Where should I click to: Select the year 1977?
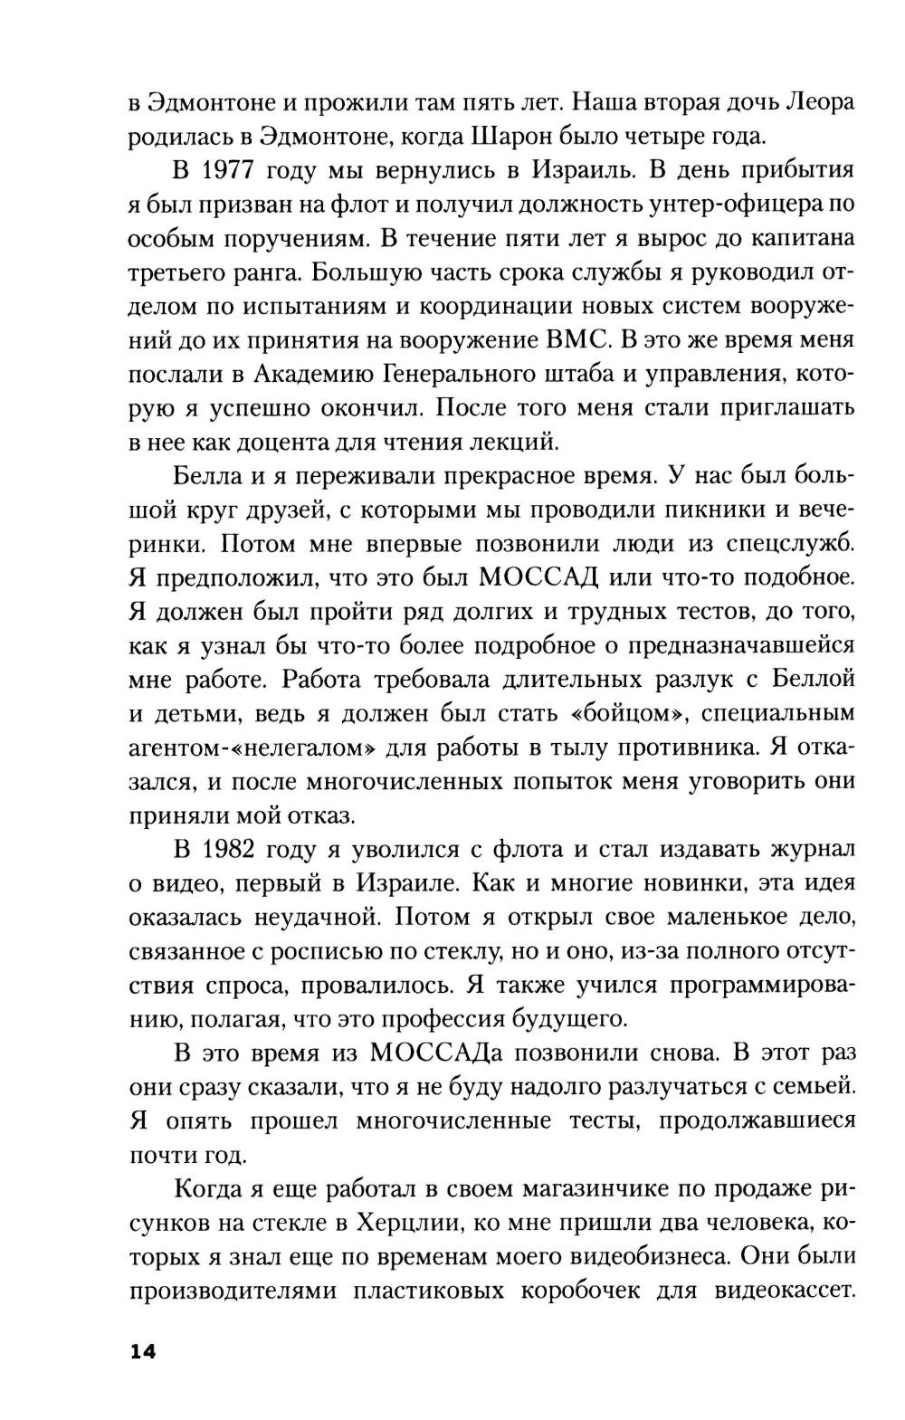230,170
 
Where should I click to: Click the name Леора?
820,102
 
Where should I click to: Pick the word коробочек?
601,1291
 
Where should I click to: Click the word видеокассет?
785,1291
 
